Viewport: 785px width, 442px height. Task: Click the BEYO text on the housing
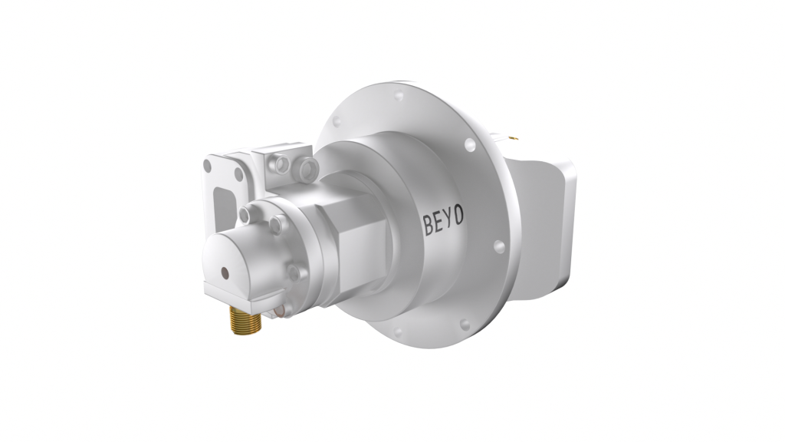point(443,218)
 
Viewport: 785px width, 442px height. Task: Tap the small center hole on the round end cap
point(224,271)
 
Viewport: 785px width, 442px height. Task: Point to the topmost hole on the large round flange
point(399,97)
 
